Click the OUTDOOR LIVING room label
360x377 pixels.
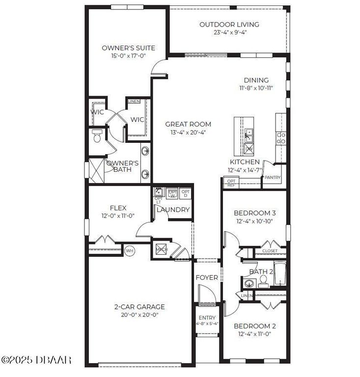pos(229,25)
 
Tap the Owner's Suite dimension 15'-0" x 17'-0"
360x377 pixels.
pos(128,56)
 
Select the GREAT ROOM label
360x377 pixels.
pos(188,124)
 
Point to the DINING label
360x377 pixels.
pos(256,81)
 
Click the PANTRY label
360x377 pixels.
pos(272,177)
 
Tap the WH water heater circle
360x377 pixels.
pos(130,250)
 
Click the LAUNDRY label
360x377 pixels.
pos(173,210)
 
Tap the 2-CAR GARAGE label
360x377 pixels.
pos(139,307)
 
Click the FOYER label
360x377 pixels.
pos(207,277)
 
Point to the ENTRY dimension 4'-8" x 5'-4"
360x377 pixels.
pos(207,323)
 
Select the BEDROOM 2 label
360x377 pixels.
pos(254,326)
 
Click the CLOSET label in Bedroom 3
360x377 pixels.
pos(270,251)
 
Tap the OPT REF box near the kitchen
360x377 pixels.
pos(231,183)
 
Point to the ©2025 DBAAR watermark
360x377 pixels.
pos(36,360)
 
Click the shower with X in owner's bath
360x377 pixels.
pos(97,171)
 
